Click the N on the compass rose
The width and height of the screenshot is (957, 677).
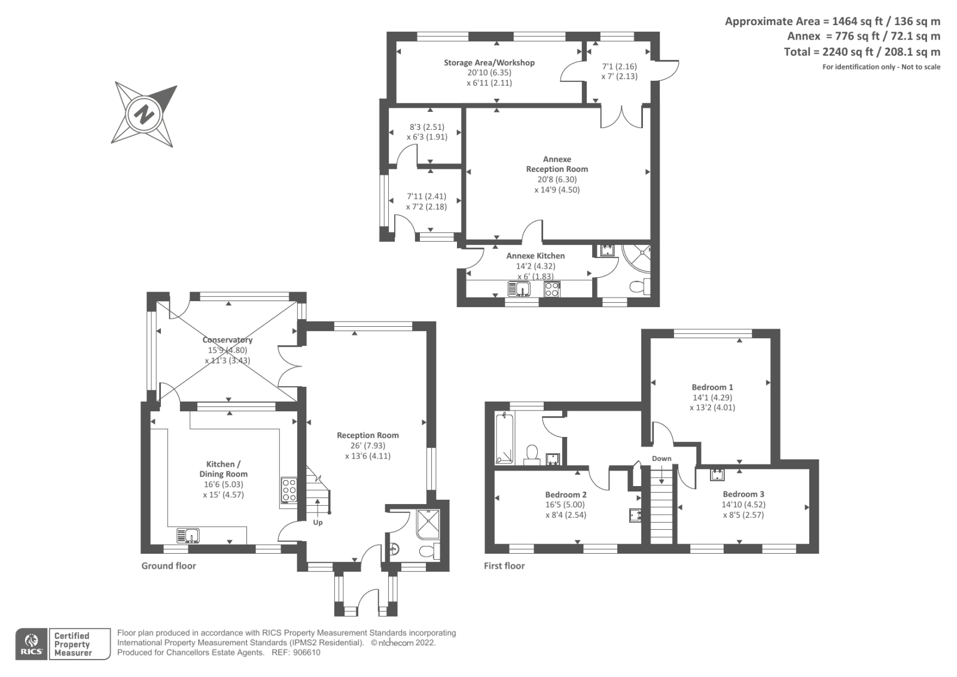(144, 114)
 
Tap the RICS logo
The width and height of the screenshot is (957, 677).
(32, 644)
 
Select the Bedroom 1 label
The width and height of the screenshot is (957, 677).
(712, 387)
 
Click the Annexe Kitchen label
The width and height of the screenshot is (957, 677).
(535, 256)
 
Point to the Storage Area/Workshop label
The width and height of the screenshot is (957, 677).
(489, 62)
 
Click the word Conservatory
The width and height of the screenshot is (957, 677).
(227, 339)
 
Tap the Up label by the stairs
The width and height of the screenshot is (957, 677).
(318, 523)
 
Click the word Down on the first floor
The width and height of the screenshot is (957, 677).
(662, 459)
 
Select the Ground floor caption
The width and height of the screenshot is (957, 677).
(169, 566)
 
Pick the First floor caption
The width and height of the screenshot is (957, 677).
(504, 566)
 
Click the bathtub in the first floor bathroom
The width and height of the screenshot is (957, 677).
(504, 438)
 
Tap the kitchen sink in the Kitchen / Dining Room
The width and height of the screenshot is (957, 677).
(188, 536)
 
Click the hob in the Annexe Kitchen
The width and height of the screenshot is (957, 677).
(552, 289)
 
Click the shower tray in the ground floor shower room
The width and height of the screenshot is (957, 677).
(428, 524)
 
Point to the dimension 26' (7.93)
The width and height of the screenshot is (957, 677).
(368, 445)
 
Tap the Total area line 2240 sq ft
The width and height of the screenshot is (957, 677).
(862, 52)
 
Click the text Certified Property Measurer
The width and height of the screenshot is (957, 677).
(72, 644)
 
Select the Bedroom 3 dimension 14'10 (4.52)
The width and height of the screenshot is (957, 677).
(743, 505)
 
